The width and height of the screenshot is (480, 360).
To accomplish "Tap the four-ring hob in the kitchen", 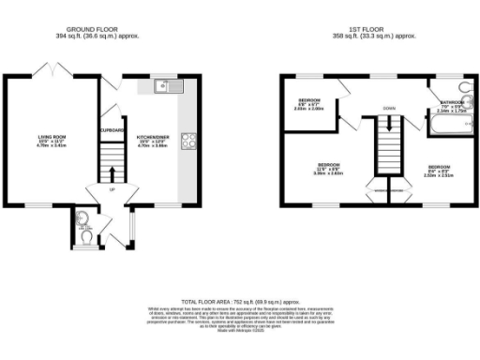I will pos(187,142).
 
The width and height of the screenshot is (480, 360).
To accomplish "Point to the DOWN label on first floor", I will pos(388,109).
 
